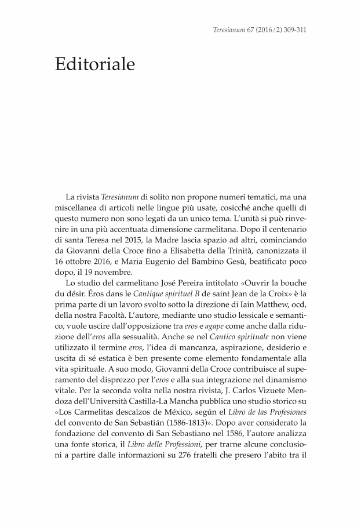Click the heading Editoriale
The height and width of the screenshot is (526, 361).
[95, 64]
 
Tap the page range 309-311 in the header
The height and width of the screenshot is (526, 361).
[293, 29]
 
